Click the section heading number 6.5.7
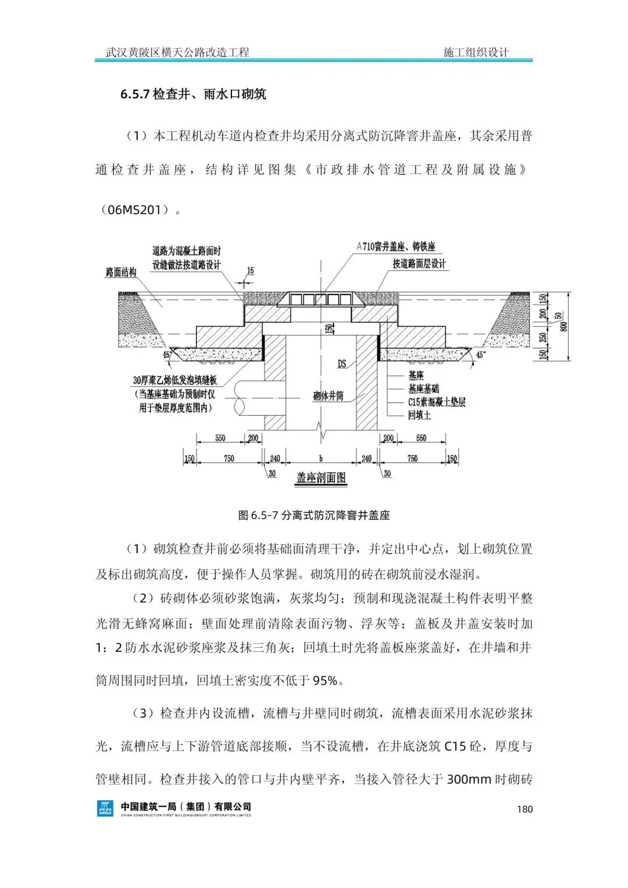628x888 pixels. tap(135, 94)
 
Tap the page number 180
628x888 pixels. tap(524, 809)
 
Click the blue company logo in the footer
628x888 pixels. tap(105, 808)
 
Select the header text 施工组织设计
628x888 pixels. tap(476, 52)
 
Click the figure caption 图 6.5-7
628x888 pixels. tap(258, 515)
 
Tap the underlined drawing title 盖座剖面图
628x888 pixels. tap(321, 478)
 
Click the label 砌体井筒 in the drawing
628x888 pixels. tap(328, 397)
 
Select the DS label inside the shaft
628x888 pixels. tap(342, 364)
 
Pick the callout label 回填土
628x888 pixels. tap(419, 415)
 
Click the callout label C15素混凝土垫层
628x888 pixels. tap(437, 402)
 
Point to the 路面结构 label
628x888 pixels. tap(121, 272)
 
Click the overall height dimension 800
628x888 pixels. tap(563, 327)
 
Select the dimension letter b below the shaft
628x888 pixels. tap(320, 459)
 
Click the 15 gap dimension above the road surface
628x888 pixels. tap(250, 271)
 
